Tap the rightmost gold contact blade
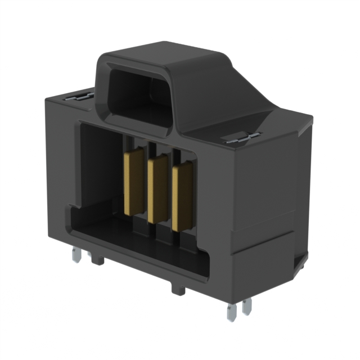tap(181, 197)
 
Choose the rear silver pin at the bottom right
tap(246, 307)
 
